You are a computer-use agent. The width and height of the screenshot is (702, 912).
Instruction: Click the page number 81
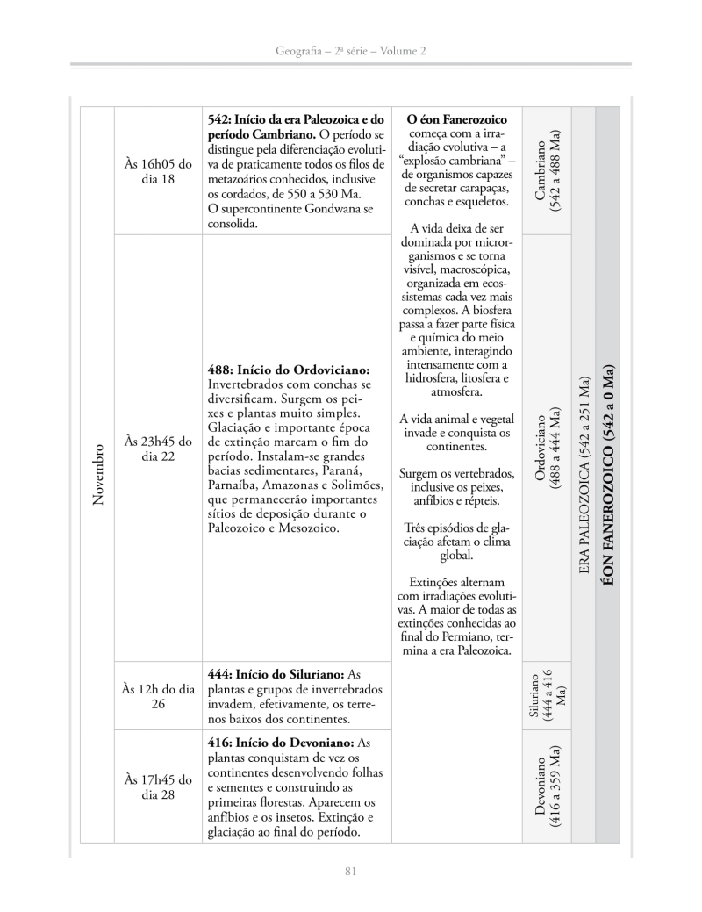[350, 871]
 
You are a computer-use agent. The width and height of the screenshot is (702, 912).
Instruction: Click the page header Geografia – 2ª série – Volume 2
[350, 52]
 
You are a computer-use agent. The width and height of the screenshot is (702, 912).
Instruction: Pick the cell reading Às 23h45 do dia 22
[158, 448]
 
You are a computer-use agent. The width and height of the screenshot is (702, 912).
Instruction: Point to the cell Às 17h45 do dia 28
[158, 786]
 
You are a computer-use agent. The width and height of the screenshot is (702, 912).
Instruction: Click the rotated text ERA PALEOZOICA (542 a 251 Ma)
[584, 474]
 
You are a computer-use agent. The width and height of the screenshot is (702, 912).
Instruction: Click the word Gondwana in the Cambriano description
[337, 209]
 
